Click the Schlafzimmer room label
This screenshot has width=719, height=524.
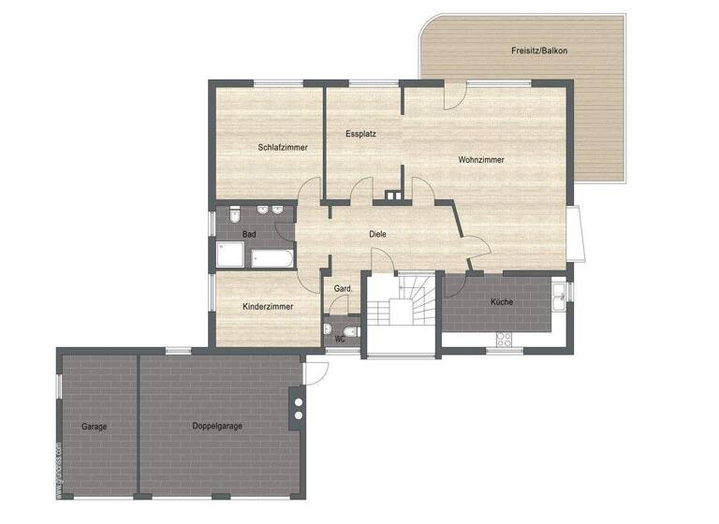point(283,147)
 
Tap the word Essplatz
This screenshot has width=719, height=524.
point(360,134)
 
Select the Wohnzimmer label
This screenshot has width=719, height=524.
point(481,160)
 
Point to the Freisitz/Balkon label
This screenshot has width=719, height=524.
point(539,50)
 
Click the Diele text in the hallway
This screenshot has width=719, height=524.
point(377,234)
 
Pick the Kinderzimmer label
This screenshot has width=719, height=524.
point(268,306)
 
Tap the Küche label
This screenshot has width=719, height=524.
point(501,301)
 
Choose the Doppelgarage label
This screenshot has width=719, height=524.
point(217,426)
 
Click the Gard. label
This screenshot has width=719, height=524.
point(344,289)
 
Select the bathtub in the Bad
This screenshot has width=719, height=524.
point(271,256)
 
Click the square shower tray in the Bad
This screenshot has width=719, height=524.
point(230,255)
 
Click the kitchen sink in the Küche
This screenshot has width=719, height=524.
point(559,298)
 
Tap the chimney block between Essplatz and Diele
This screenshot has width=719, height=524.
point(391,197)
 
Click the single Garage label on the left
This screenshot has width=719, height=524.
point(94,426)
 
